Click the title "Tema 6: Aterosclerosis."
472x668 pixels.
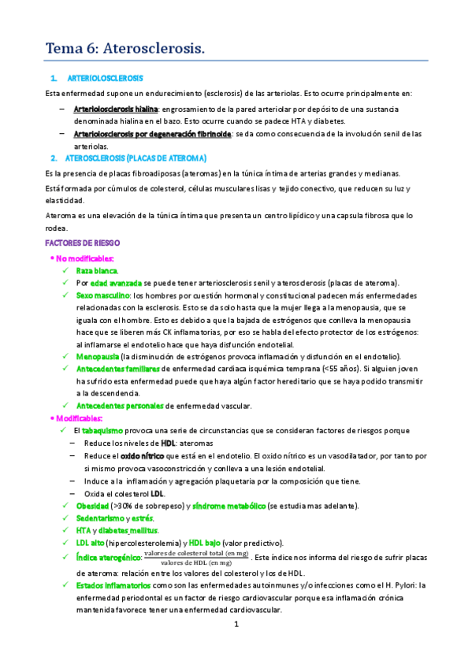point(125,49)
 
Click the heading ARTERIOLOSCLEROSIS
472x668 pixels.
point(106,79)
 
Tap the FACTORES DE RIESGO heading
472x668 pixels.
point(83,244)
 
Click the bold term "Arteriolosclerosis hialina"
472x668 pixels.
point(115,108)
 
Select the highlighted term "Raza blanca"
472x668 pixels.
point(102,270)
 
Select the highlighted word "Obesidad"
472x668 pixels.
point(92,505)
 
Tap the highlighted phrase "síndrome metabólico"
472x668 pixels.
point(228,505)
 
